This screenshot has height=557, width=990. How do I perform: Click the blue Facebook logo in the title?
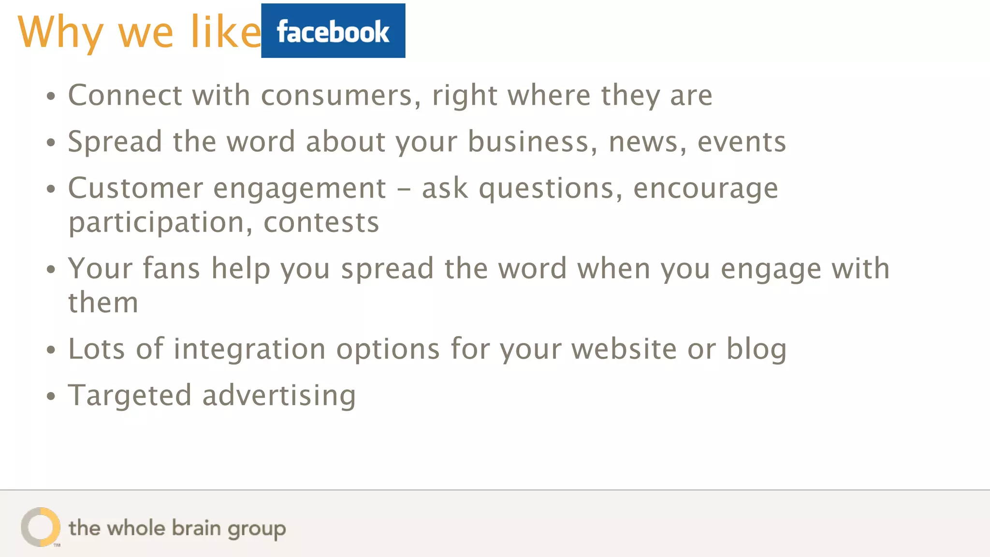click(333, 31)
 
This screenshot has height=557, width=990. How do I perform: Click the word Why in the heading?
click(60, 32)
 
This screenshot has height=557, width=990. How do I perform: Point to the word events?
click(742, 142)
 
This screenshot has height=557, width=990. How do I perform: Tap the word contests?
click(321, 222)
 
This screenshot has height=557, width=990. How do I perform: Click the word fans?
click(171, 268)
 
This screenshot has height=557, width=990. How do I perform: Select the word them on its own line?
click(103, 303)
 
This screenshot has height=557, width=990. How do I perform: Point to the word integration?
click(249, 349)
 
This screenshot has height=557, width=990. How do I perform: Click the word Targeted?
click(130, 396)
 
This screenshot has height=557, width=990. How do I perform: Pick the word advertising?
click(279, 396)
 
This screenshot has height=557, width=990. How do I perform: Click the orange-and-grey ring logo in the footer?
click(41, 527)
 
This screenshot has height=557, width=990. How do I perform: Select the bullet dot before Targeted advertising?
click(51, 396)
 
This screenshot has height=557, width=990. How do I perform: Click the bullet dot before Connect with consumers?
click(51, 96)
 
